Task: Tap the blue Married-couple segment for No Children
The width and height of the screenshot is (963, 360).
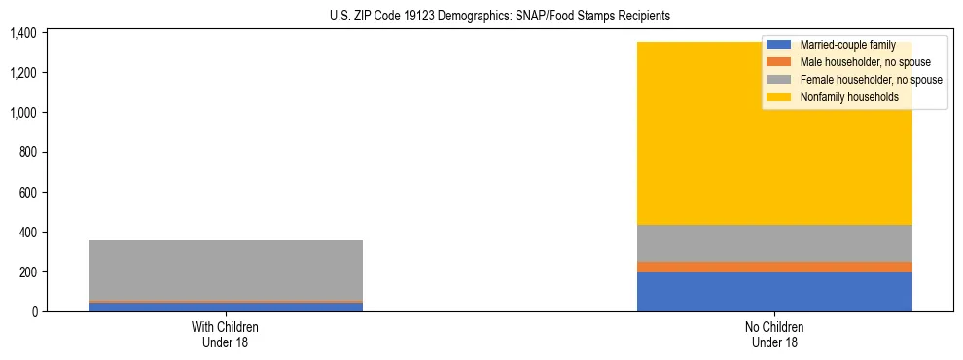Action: [774, 292]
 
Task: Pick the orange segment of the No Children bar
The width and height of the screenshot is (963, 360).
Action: [774, 267]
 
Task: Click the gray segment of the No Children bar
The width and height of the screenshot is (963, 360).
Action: [774, 243]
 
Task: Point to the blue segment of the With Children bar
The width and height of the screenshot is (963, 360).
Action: [226, 307]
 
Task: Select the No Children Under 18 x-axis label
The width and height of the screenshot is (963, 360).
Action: [774, 335]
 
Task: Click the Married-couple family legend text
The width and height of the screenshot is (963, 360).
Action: [847, 45]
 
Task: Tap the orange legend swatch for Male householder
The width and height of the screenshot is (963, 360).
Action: [780, 62]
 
